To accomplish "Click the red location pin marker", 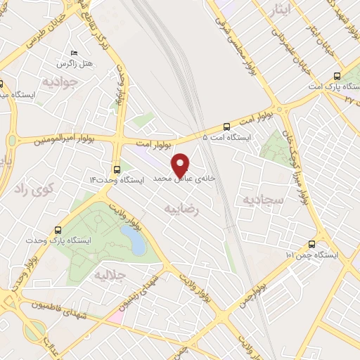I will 181,165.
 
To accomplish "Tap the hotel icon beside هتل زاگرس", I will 74,53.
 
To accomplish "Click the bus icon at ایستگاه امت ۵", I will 226,127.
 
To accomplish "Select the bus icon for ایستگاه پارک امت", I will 337,76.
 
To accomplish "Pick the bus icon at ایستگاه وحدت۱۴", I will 117,169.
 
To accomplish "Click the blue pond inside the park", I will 134,240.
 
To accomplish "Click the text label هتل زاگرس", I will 97,64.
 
